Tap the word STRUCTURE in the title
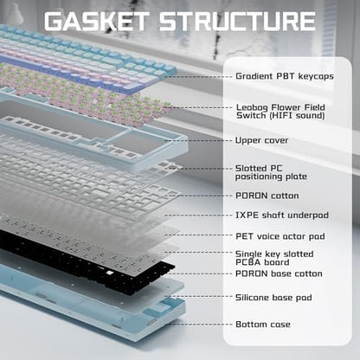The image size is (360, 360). [x=237, y=21]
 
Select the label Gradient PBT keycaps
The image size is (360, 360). [x=285, y=76]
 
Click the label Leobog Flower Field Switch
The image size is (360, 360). [x=280, y=112]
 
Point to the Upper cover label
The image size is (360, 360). [x=261, y=140]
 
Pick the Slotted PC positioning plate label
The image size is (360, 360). [x=271, y=172]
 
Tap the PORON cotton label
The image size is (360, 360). [x=267, y=196]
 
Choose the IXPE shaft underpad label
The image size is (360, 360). [x=282, y=215]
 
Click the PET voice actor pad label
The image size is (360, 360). [x=280, y=236]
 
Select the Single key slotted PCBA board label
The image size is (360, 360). [x=274, y=258]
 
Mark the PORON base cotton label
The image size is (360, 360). [x=279, y=273]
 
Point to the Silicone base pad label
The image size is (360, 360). [x=273, y=298]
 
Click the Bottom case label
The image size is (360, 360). [x=263, y=325]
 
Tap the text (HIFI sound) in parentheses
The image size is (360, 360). [x=297, y=116]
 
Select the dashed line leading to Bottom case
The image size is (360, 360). [x=200, y=324]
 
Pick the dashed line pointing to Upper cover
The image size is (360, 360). [x=198, y=141]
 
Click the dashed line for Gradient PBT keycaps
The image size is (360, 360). [x=199, y=77]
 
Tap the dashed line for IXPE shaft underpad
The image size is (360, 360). [x=198, y=215]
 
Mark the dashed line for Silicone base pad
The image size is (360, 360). [x=198, y=296]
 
